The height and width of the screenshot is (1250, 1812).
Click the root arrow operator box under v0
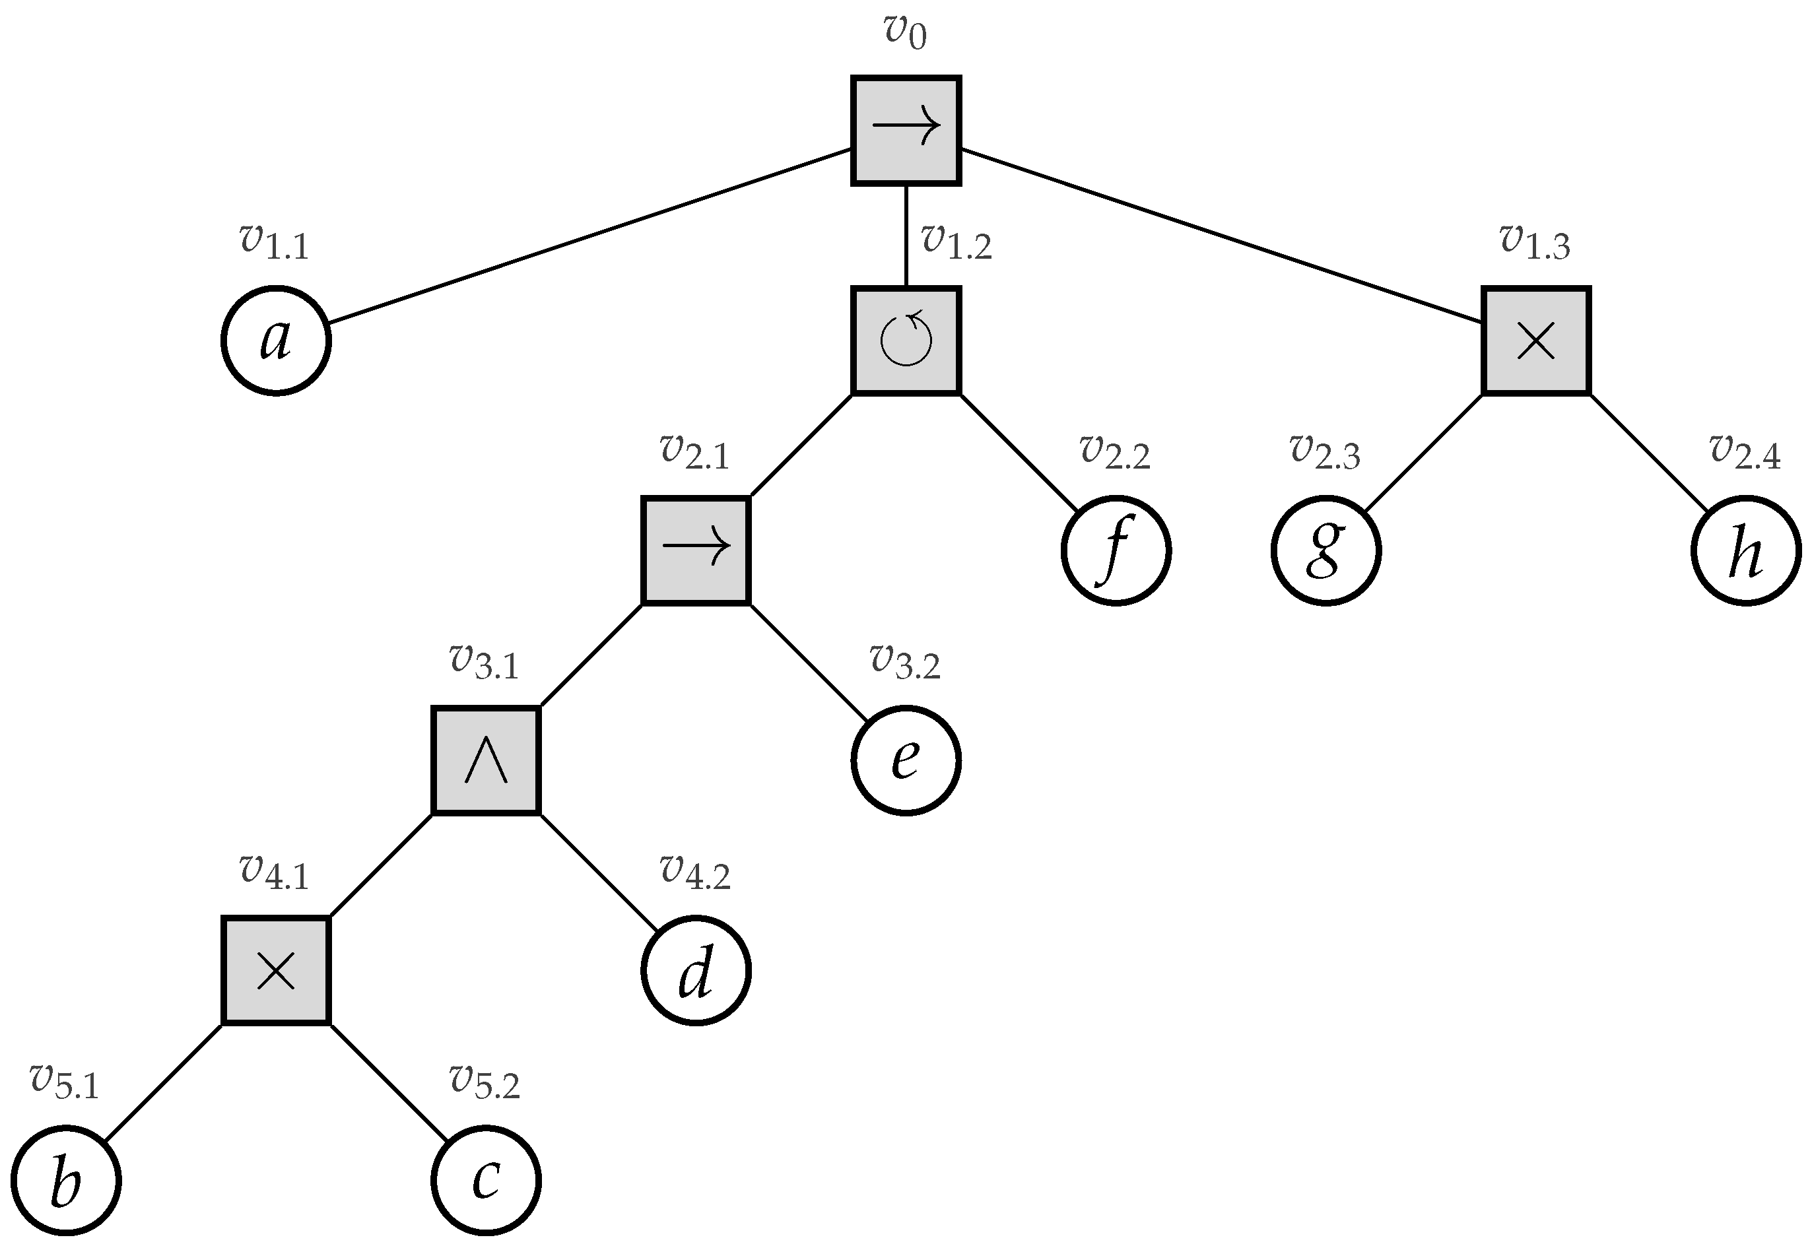click(906, 130)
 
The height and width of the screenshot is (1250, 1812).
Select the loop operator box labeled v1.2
click(906, 340)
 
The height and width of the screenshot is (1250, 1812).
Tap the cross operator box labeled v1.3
click(1535, 340)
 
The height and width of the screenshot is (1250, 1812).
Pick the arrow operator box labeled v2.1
click(696, 550)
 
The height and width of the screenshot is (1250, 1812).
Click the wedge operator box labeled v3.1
click(486, 760)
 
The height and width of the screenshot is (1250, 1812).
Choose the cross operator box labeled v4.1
click(276, 970)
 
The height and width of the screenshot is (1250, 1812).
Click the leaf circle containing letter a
click(276, 340)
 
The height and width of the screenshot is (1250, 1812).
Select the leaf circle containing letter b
click(66, 1179)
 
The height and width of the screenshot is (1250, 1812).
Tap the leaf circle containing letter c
click(486, 1179)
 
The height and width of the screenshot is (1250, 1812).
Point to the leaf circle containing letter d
click(696, 970)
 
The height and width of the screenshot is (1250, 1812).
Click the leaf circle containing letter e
click(906, 760)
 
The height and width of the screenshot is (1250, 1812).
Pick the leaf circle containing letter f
click(1116, 550)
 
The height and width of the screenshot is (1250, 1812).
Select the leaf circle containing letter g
click(1325, 550)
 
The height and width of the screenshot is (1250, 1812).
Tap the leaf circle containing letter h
click(1745, 550)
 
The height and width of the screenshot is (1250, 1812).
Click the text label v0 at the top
click(905, 31)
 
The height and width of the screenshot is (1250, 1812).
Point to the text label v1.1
click(274, 242)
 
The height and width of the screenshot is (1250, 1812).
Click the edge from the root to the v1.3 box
click(1221, 235)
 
